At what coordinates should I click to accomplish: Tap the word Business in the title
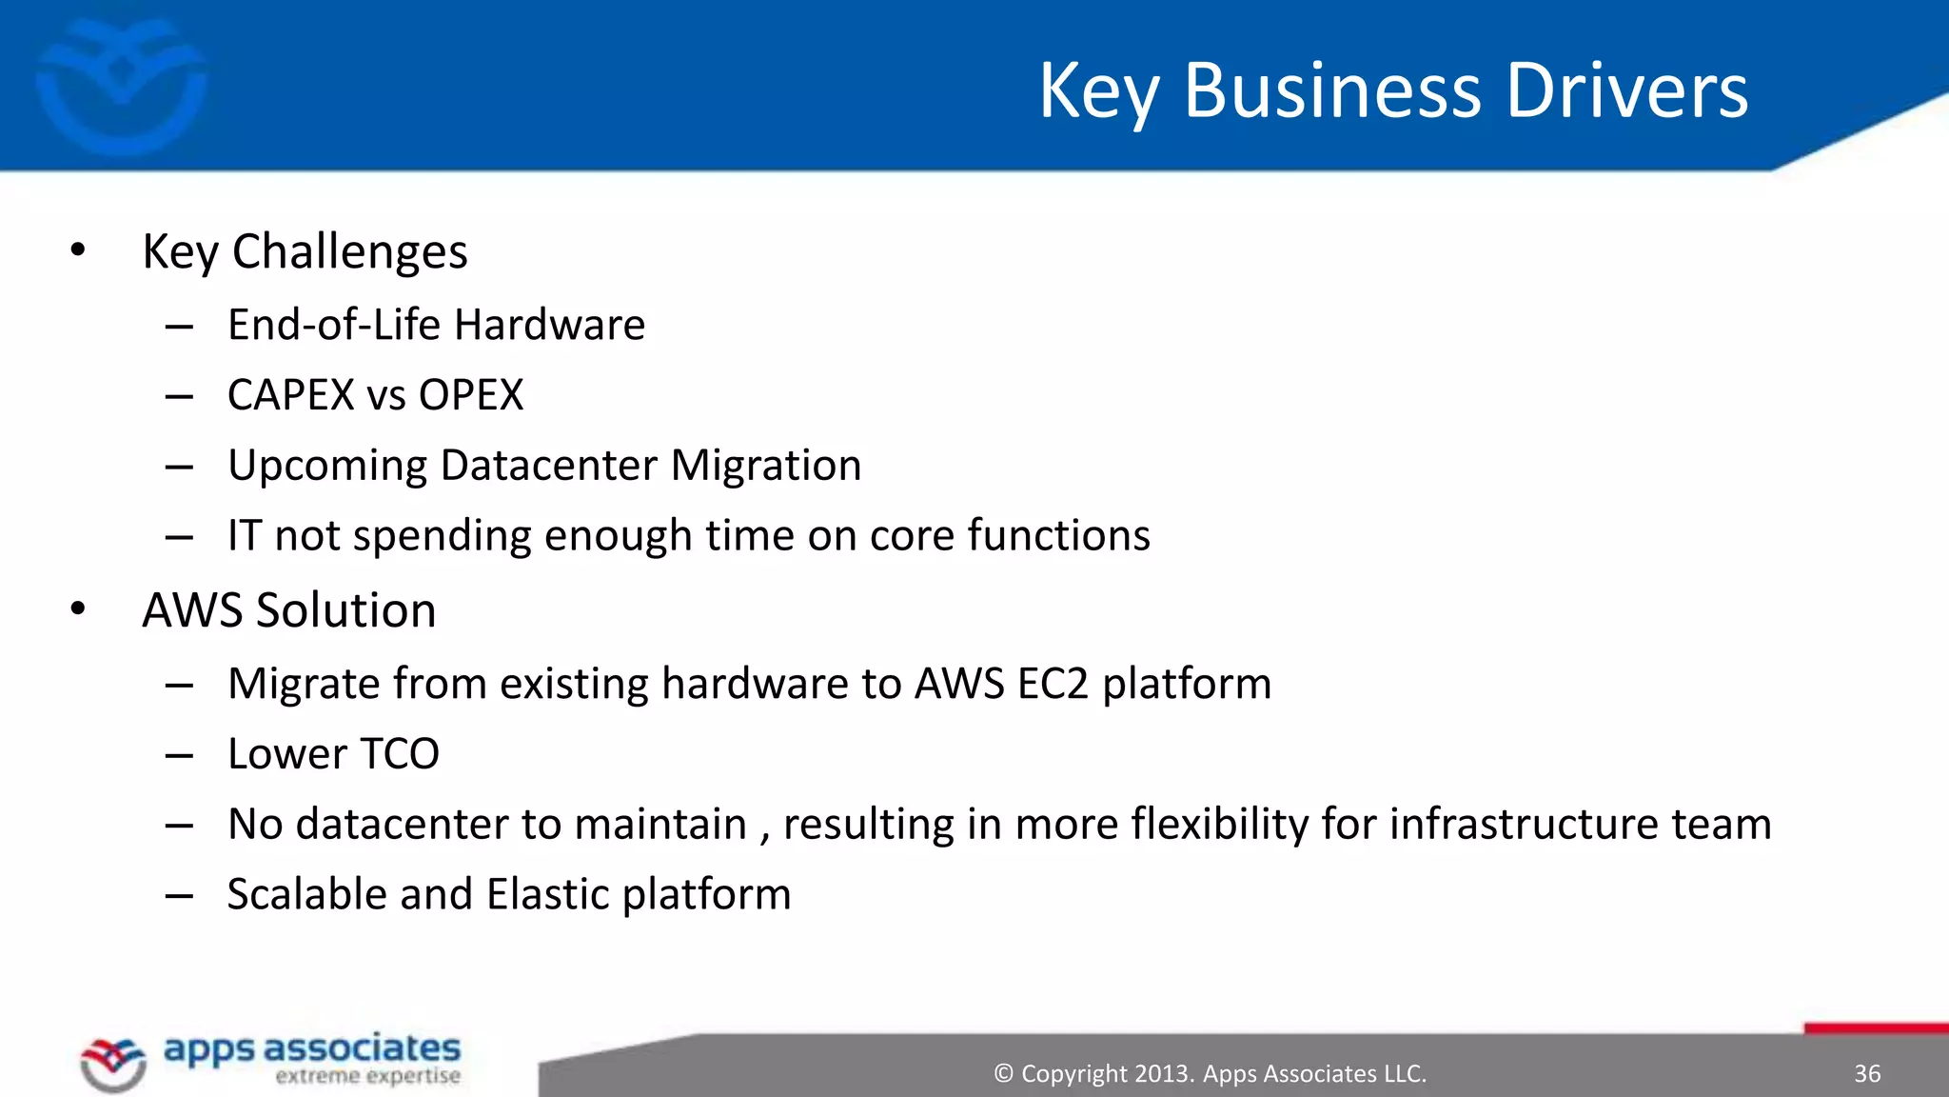(x=1332, y=90)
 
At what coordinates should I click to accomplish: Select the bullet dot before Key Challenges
(x=78, y=250)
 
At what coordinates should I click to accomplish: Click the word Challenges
(x=349, y=252)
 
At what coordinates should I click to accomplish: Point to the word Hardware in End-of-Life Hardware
(x=549, y=325)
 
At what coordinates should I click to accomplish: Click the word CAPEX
(x=290, y=395)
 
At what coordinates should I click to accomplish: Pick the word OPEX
(x=471, y=395)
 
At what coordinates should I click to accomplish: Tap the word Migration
(x=765, y=466)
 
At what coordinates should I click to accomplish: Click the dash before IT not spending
(x=179, y=536)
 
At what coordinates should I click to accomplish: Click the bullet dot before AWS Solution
(x=78, y=609)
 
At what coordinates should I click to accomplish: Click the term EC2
(x=1052, y=684)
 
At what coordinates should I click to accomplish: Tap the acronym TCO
(x=399, y=754)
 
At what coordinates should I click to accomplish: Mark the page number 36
(x=1867, y=1074)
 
